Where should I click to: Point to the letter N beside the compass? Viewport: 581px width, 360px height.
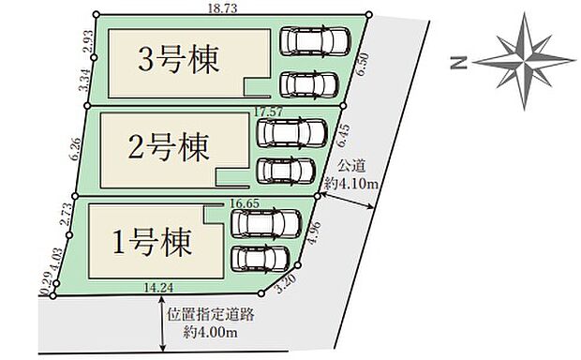[457, 62]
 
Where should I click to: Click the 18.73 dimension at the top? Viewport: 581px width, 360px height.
[220, 7]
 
